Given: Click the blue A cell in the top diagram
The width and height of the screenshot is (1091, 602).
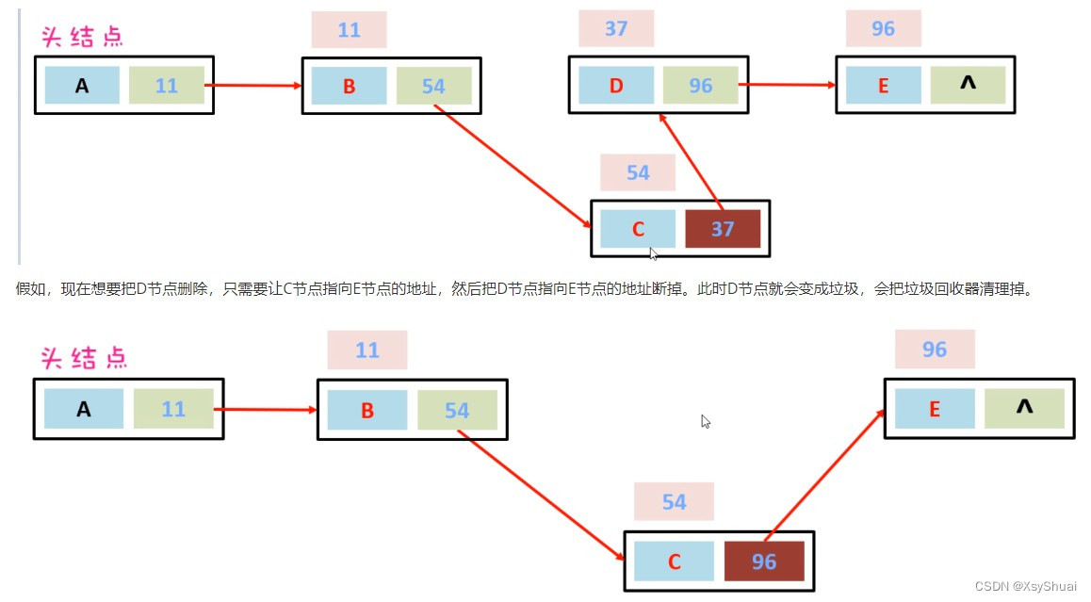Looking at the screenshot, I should [x=82, y=86].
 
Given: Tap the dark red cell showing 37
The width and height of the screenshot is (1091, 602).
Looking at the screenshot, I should [x=722, y=229].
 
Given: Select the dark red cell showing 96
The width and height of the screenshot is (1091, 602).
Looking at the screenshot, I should [x=763, y=561].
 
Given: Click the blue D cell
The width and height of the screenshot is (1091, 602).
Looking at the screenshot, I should [x=616, y=86].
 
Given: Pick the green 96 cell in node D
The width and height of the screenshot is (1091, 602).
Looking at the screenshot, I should [x=700, y=86].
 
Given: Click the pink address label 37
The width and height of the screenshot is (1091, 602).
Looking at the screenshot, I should [x=616, y=28].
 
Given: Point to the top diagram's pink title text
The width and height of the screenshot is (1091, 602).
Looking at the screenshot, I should [x=82, y=37].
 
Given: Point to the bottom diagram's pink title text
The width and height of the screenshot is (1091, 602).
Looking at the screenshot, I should [x=84, y=358].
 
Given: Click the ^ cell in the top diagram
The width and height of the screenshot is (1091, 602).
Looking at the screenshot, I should [x=968, y=85].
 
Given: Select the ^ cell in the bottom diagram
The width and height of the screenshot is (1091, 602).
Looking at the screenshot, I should [x=1024, y=408].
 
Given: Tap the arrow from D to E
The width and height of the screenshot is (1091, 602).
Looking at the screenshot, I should [x=787, y=85].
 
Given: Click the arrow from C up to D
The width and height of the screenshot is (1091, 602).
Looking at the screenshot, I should [x=691, y=158].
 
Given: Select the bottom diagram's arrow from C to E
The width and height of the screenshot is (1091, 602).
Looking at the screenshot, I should [x=825, y=477].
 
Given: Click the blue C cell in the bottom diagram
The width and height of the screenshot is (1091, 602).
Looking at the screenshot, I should [x=674, y=561].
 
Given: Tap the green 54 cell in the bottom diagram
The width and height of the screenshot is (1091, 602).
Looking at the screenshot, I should [x=457, y=411].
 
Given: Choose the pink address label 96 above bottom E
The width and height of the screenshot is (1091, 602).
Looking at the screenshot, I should [x=935, y=350].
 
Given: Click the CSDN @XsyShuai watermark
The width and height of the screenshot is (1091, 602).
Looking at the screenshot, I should [x=1025, y=586].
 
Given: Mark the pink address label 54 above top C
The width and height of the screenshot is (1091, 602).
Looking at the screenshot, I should [x=638, y=172].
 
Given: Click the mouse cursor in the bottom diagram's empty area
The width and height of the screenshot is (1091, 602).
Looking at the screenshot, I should [x=705, y=421].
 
